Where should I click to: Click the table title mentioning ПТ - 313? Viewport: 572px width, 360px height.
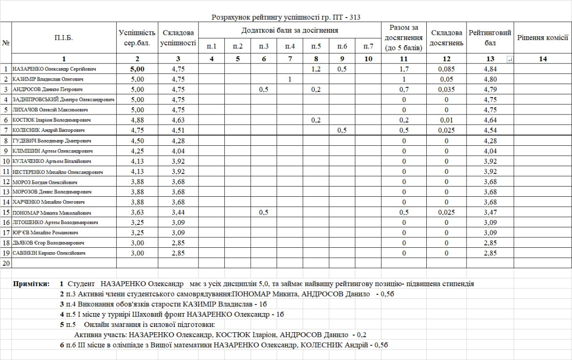(x=286, y=17)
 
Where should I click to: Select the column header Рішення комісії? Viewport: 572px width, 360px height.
(x=543, y=38)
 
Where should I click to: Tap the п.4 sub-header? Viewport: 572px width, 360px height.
(x=290, y=46)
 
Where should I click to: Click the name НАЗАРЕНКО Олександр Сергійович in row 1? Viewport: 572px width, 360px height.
(x=55, y=69)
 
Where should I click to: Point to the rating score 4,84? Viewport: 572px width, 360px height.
(x=490, y=69)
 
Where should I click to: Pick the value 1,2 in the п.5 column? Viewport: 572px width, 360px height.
(x=315, y=69)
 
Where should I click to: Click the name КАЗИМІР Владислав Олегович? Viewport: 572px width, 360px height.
(x=48, y=79)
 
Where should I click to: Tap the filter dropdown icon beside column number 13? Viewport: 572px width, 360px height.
(x=510, y=59)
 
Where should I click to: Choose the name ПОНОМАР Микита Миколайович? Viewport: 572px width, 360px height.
(x=52, y=213)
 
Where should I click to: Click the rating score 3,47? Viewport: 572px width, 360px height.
(x=490, y=212)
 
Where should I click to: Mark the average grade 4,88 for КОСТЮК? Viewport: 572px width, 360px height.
(x=137, y=120)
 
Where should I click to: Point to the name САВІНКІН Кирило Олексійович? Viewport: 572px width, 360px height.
(x=49, y=253)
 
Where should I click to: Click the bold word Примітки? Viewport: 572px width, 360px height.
(x=31, y=284)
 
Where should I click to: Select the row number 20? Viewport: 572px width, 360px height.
(x=6, y=263)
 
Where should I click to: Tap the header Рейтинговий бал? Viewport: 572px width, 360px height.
(x=490, y=38)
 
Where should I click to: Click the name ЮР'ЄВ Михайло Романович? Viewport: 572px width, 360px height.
(x=46, y=233)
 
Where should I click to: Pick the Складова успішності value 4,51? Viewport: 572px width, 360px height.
(x=178, y=131)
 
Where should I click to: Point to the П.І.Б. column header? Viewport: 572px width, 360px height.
(x=63, y=38)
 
